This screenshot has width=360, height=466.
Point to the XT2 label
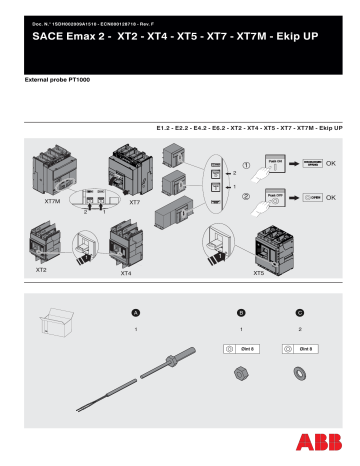[41, 270]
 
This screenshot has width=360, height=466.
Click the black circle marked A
[136, 311]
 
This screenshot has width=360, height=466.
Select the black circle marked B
[241, 311]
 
